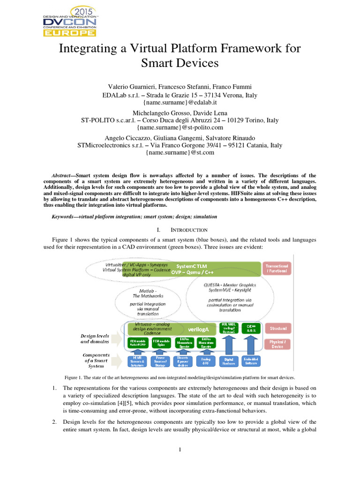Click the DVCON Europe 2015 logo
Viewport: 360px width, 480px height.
(69, 21)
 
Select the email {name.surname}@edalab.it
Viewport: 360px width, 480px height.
(180, 103)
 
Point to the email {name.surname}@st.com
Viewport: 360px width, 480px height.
(180, 153)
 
